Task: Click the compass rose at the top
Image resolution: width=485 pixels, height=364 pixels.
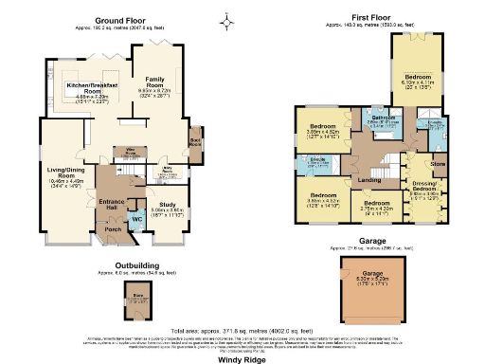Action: click(225, 19)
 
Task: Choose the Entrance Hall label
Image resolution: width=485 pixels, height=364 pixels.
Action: click(110, 204)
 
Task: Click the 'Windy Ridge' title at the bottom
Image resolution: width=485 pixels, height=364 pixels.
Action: click(242, 359)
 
